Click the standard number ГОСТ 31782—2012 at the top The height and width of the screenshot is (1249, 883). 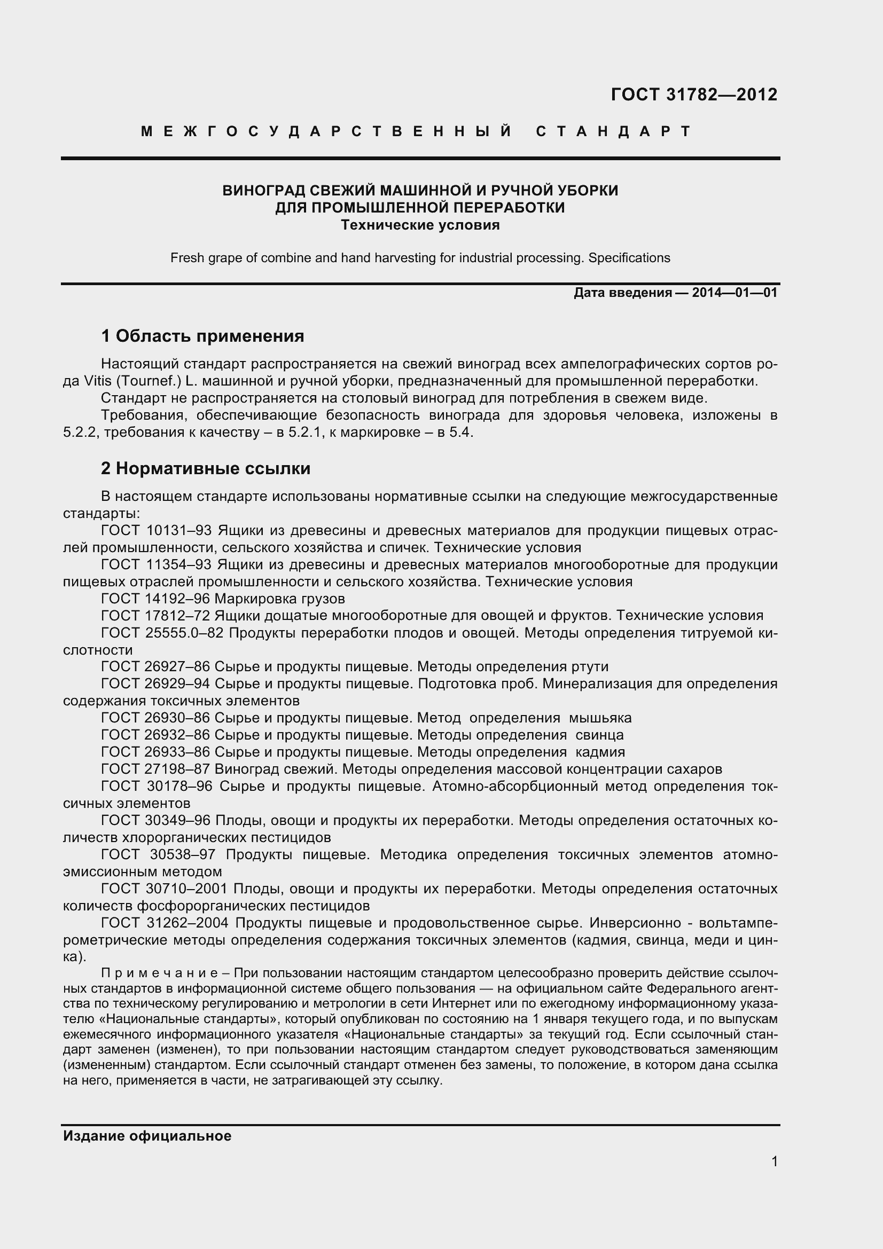[694, 95]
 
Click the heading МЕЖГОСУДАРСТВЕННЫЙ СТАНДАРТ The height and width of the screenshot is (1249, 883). [416, 132]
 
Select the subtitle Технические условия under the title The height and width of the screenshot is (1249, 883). [420, 225]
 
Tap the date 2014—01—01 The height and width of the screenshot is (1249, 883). [734, 293]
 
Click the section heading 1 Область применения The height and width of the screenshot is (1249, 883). [202, 336]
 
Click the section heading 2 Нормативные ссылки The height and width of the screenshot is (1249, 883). [206, 468]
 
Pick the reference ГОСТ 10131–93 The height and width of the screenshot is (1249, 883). [156, 530]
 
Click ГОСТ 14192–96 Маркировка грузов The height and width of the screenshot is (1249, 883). [223, 599]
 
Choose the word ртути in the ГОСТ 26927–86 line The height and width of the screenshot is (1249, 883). [590, 667]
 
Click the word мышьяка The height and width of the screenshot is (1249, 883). [600, 718]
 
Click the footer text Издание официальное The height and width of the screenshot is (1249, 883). [147, 1136]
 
